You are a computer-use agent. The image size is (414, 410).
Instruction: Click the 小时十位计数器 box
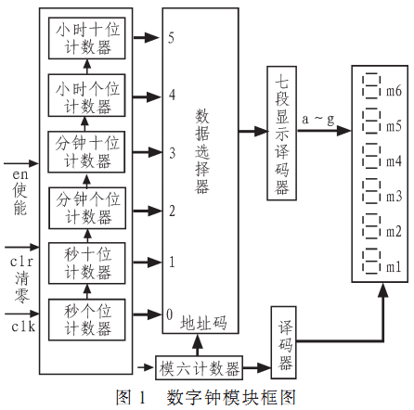click(x=87, y=38)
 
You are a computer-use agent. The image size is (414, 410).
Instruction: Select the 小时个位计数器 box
click(x=86, y=96)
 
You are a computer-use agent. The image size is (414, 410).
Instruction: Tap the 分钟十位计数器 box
click(x=86, y=152)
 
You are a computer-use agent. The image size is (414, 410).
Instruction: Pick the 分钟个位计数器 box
click(x=87, y=208)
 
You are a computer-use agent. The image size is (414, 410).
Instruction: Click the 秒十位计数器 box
click(x=87, y=263)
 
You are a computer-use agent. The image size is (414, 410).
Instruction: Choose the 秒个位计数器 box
click(x=87, y=320)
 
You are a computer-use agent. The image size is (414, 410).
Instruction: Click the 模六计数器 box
click(x=199, y=367)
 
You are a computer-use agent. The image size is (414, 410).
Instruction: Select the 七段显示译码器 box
click(x=282, y=133)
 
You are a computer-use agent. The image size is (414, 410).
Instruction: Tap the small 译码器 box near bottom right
click(x=284, y=342)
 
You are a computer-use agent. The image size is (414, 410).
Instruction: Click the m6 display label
click(x=394, y=91)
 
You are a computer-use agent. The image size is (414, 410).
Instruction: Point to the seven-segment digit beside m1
click(x=370, y=262)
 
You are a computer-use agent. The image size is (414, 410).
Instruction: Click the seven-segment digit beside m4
click(x=370, y=156)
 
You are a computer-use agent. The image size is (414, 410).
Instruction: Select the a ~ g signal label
click(x=318, y=120)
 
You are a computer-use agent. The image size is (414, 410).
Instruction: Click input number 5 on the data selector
click(x=171, y=38)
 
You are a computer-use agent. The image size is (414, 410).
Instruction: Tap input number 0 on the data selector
click(x=169, y=314)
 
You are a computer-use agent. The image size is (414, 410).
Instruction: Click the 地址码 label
click(x=204, y=323)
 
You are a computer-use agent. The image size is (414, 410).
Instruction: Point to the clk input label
click(x=23, y=327)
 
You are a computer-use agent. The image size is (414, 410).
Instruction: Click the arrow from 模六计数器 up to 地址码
click(x=198, y=345)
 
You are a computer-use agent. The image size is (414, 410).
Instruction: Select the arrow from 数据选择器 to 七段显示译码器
click(x=252, y=131)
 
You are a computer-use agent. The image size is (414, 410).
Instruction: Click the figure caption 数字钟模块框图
click(x=231, y=397)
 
